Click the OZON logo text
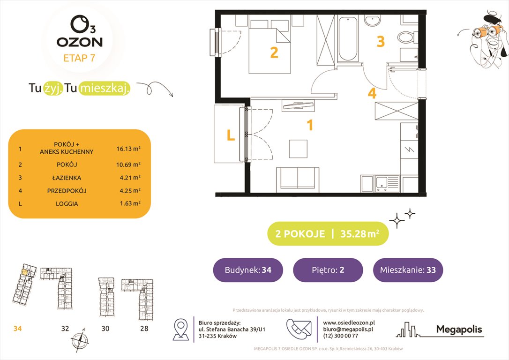(x=79, y=42)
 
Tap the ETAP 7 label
(x=79, y=59)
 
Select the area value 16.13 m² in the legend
(x=128, y=149)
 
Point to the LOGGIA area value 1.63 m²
(x=128, y=204)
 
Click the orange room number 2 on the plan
(x=274, y=52)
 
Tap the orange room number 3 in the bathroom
(x=381, y=42)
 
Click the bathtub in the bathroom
(x=347, y=39)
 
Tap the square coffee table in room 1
(x=298, y=149)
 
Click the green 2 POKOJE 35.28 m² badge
(x=328, y=234)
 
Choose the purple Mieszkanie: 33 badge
(x=408, y=270)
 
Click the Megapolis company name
(x=459, y=330)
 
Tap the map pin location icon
(x=181, y=329)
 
